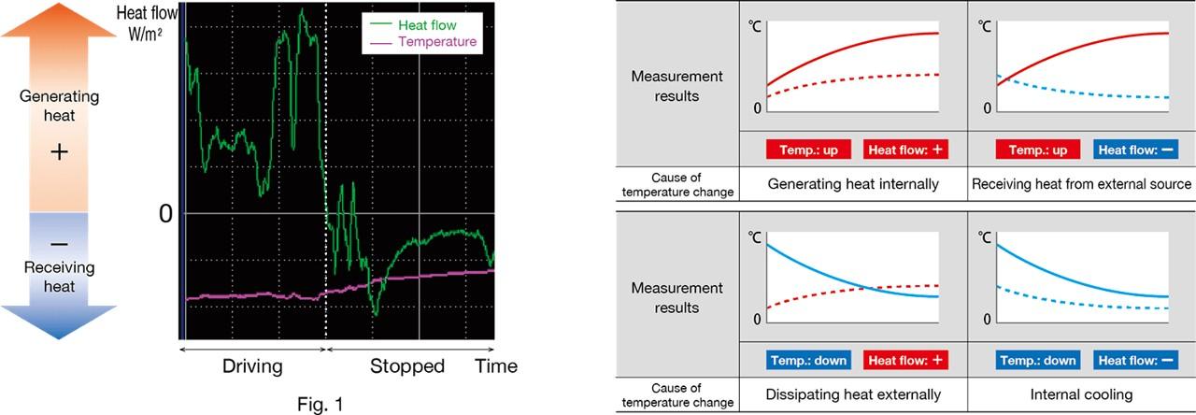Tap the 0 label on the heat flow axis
coord(165,213)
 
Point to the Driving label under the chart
coord(251,365)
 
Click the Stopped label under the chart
coord(406,365)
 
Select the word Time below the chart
coord(495,365)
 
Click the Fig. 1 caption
coord(320,404)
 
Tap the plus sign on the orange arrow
coord(59,152)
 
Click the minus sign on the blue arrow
coord(59,243)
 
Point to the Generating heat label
coord(59,106)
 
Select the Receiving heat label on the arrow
coord(59,277)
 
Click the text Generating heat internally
coord(853,184)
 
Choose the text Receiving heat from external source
coord(1081,184)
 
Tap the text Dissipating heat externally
coord(853,394)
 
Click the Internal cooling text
coord(1081,394)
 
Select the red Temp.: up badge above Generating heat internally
coord(806,150)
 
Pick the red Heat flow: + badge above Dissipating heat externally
coord(903,360)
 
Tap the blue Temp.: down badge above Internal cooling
coord(1038,360)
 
